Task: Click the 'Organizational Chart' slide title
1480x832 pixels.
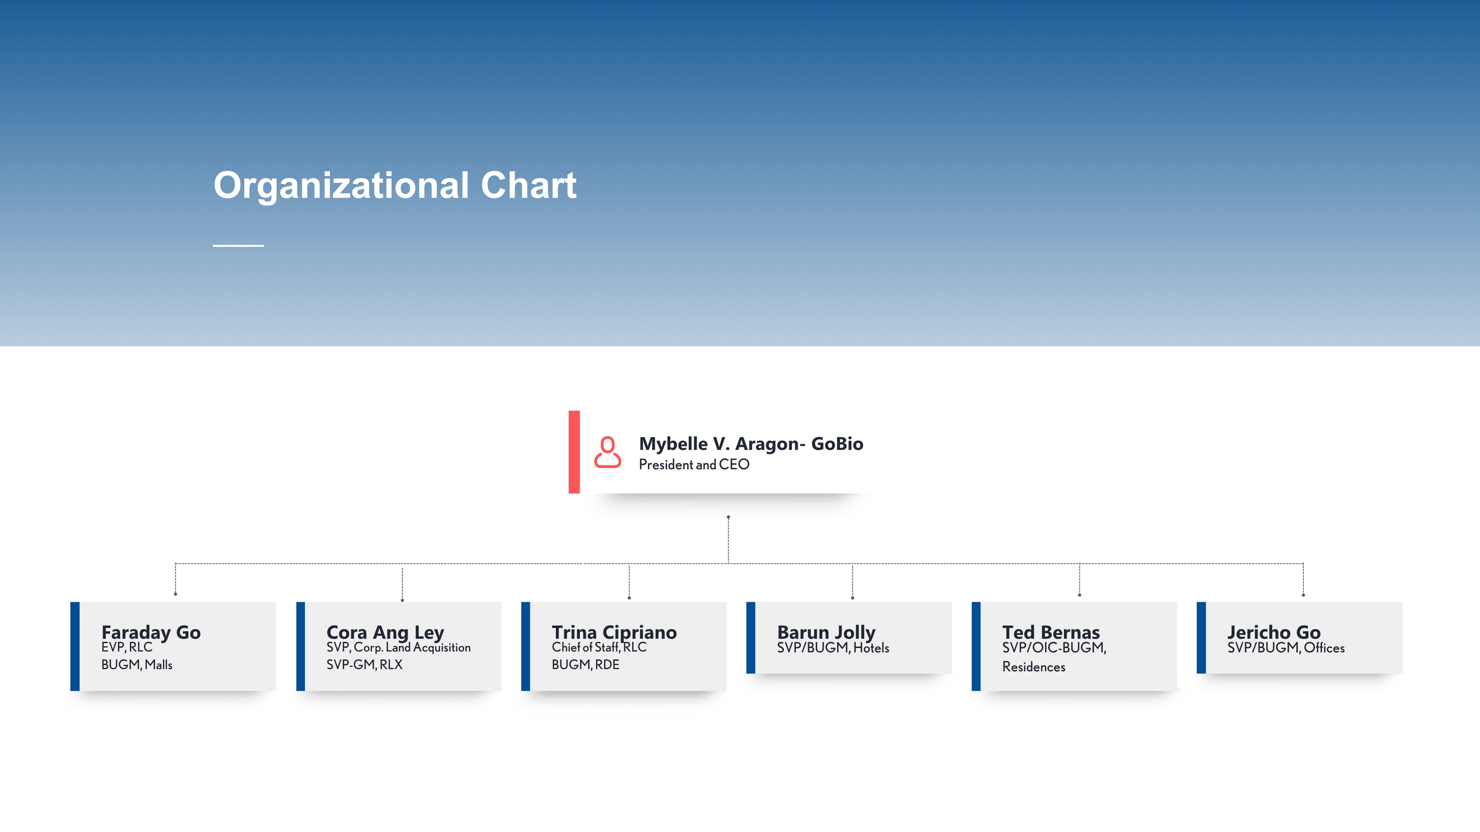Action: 395,185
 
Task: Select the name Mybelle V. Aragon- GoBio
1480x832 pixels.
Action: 751,444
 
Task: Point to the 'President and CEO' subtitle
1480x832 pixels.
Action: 694,464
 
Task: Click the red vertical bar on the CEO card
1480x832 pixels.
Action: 574,452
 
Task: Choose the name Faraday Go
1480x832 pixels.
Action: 151,632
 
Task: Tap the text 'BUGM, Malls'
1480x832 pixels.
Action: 137,665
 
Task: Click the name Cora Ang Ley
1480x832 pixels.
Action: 385,632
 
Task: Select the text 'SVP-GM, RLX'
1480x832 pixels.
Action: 364,665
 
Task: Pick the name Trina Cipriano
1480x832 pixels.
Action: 614,632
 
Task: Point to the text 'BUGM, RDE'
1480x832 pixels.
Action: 585,665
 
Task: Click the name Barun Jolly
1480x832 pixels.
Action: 826,632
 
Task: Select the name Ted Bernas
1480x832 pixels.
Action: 1051,632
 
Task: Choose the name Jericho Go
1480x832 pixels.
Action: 1274,632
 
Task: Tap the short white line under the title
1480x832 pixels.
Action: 239,246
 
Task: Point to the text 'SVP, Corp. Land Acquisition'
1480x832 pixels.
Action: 398,648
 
